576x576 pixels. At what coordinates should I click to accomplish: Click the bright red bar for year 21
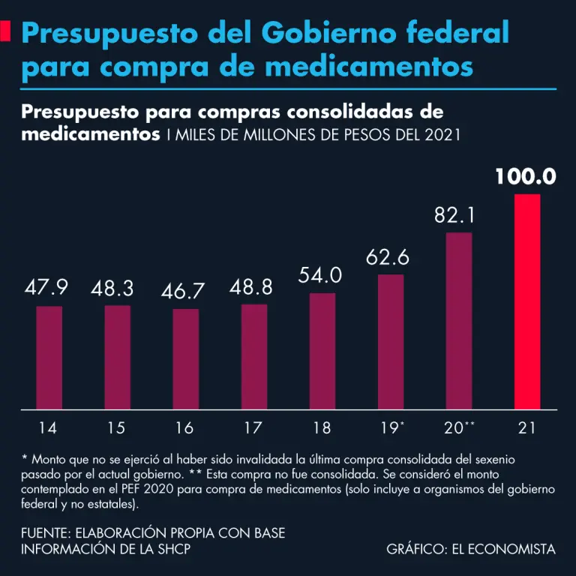coord(526,301)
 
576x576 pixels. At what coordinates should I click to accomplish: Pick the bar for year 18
coord(322,351)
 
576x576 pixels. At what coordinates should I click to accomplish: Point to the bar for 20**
coord(459,321)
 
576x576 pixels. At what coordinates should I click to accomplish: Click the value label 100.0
coord(525,177)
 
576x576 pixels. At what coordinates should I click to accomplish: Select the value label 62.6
coord(388,257)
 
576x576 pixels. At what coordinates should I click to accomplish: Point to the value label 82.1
coord(455,216)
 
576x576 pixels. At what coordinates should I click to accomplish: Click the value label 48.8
coord(252,287)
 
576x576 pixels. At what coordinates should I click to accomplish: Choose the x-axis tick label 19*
coord(391,428)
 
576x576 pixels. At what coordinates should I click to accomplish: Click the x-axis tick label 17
coord(253,428)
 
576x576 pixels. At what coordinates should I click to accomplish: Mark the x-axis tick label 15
coord(115,428)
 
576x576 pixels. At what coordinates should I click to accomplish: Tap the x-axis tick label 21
coord(526,428)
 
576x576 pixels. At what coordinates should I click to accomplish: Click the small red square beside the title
coord(5,31)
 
